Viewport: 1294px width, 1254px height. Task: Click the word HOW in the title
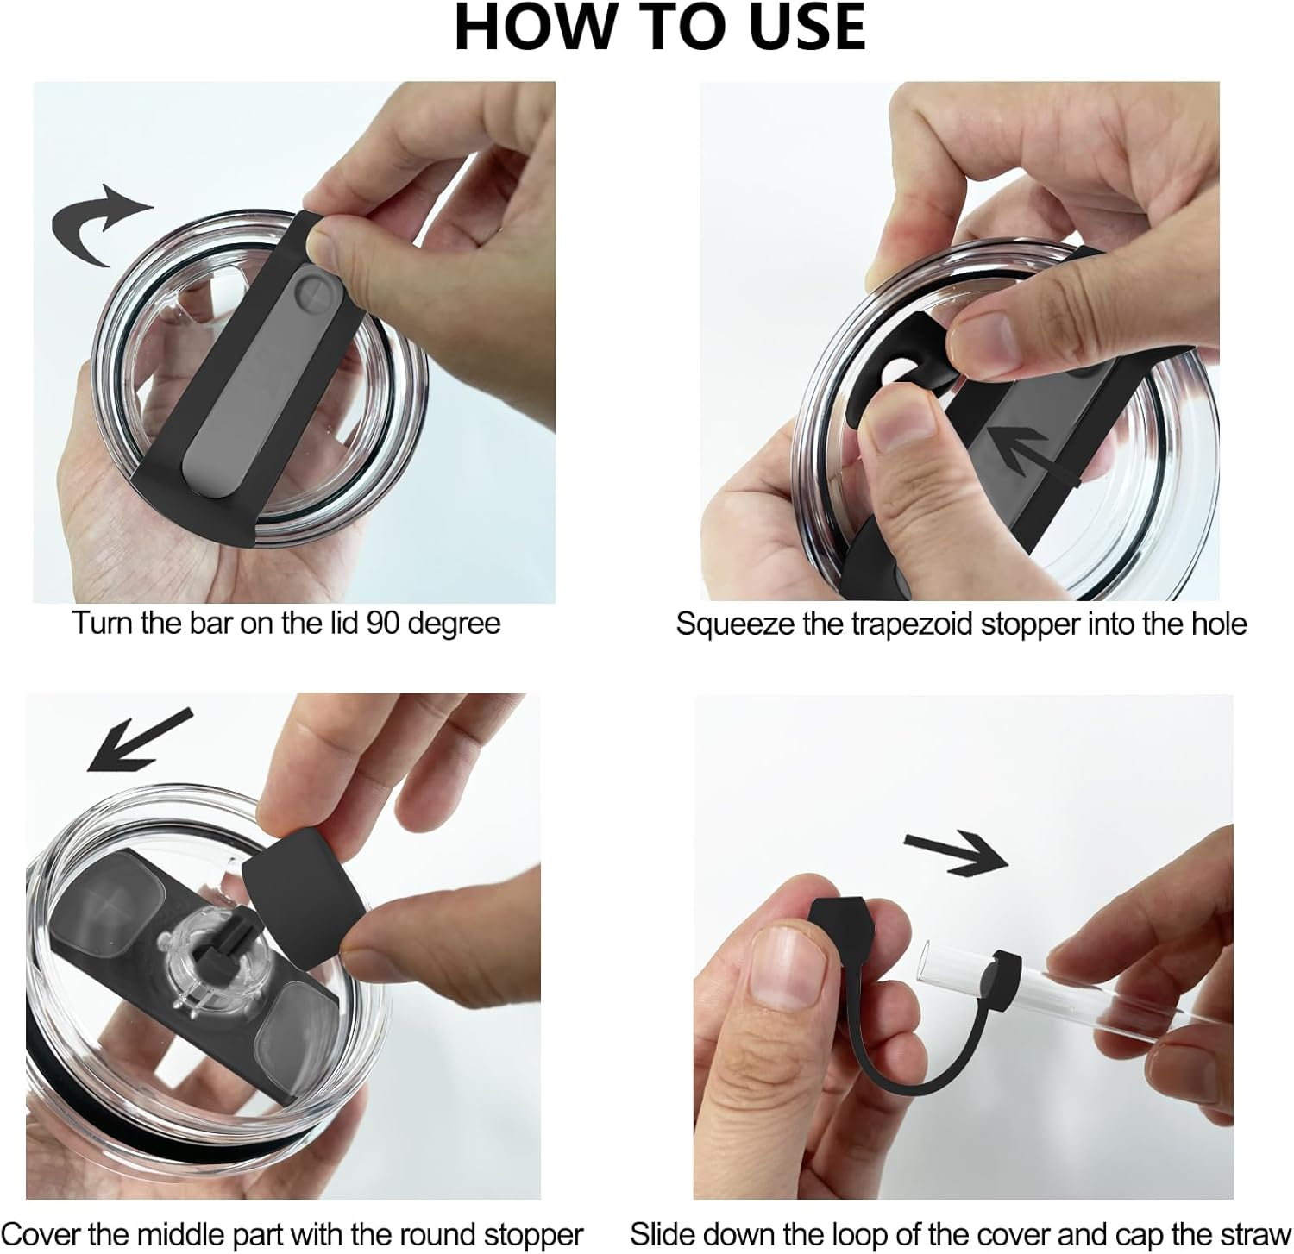click(x=528, y=28)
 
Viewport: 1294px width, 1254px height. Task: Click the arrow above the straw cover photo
click(x=956, y=851)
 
